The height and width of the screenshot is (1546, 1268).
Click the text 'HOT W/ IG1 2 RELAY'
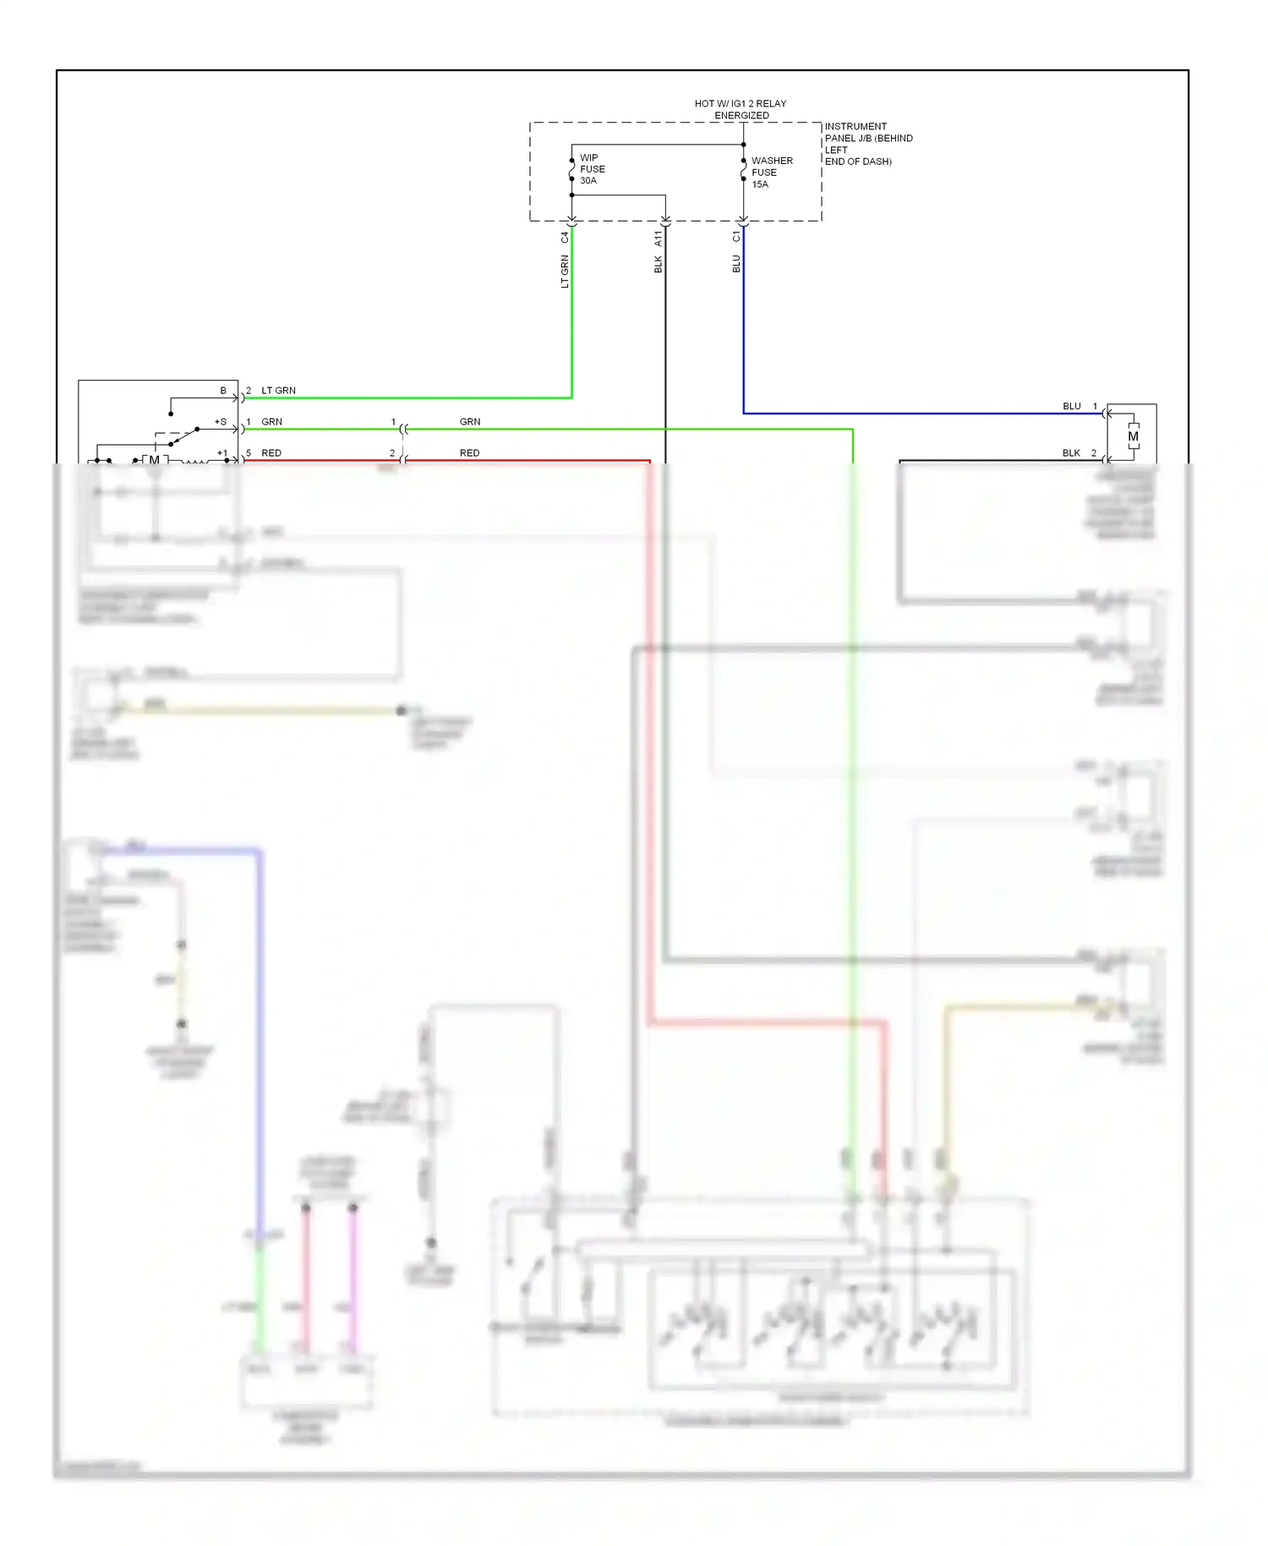point(740,104)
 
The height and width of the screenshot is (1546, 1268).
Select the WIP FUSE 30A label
point(592,169)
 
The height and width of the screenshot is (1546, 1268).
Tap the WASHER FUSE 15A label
point(771,173)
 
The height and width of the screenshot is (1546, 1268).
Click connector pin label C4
point(566,238)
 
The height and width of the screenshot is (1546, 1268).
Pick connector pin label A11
point(659,238)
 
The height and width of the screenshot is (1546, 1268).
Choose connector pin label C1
point(736,237)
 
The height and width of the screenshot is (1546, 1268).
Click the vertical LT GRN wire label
point(566,271)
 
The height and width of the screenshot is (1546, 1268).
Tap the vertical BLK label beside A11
point(659,265)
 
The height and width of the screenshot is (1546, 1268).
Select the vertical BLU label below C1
point(736,264)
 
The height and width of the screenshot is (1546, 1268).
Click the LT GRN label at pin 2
point(278,391)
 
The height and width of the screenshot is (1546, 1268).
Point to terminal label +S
point(221,421)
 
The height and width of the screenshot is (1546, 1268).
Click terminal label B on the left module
point(223,391)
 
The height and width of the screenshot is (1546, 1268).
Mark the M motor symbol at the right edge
point(1133,436)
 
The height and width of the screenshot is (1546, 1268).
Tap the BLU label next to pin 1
point(1072,406)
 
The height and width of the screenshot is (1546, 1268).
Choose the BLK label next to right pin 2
point(1071,453)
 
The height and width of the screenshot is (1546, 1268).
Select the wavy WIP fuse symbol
point(572,170)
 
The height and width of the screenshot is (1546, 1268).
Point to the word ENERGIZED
point(741,116)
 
